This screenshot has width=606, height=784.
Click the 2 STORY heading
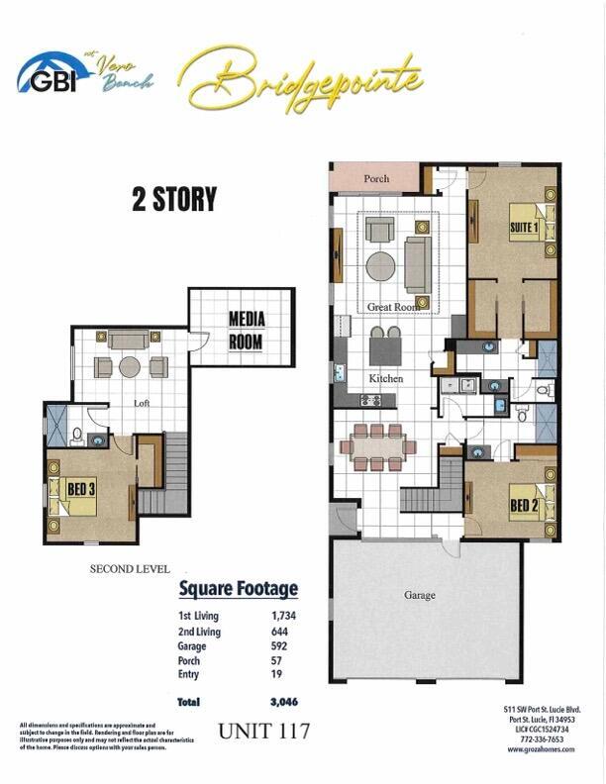(174, 199)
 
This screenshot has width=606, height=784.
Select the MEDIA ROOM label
(245, 330)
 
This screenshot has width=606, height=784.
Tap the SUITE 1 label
(523, 227)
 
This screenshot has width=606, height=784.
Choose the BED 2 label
(524, 507)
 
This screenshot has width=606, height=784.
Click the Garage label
(419, 596)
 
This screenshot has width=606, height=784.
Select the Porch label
(376, 179)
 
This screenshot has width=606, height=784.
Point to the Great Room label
(393, 307)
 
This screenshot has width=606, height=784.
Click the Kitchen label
(385, 379)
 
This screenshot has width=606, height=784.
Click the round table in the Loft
(130, 367)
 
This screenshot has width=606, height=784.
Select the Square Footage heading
(238, 590)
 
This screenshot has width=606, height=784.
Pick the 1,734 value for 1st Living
(285, 616)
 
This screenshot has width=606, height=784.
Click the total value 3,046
(283, 702)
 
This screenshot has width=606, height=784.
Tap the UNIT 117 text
(264, 733)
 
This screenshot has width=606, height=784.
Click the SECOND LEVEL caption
(130, 569)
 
